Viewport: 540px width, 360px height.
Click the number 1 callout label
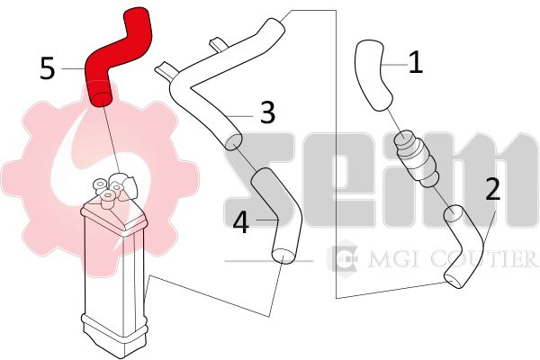[416, 62]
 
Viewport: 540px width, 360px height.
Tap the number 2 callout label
[493, 189]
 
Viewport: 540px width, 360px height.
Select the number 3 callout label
[267, 112]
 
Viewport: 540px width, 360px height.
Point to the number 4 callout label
[240, 222]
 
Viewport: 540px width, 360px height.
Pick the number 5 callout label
[48, 68]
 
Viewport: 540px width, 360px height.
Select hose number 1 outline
[372, 74]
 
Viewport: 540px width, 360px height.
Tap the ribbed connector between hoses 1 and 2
[418, 159]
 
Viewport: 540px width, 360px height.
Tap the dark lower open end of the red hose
[100, 100]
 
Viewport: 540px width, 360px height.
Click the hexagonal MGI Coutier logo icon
[343, 258]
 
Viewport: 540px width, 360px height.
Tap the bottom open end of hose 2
[453, 281]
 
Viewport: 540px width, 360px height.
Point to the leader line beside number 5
[74, 68]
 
